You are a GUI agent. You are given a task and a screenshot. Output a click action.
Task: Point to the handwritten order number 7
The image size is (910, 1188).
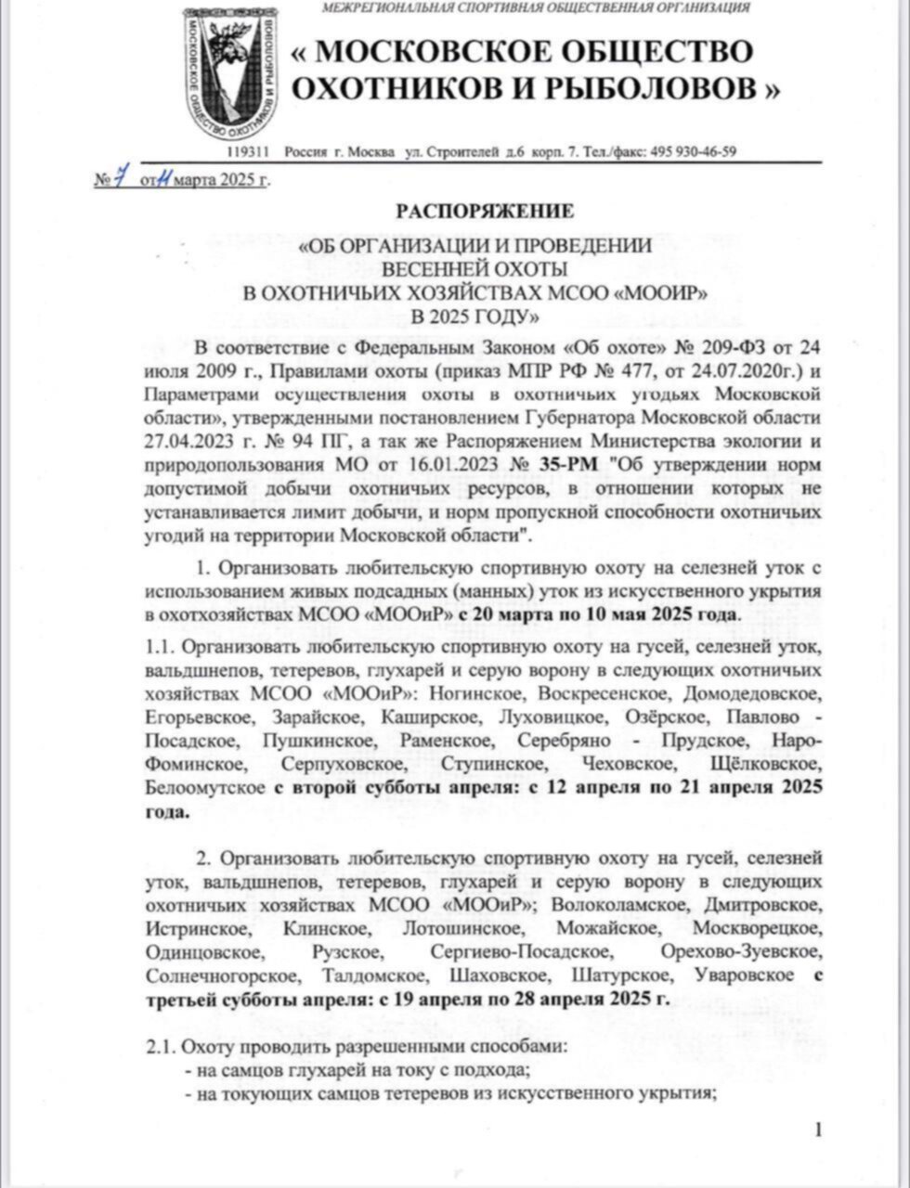tap(119, 178)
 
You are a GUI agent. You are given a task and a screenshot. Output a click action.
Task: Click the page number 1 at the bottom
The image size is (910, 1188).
tap(817, 1130)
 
